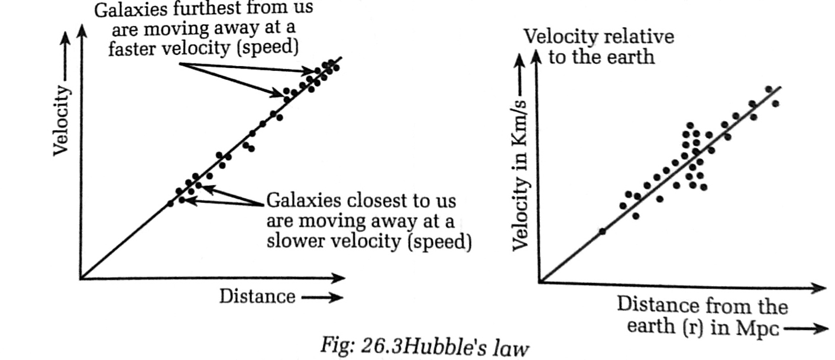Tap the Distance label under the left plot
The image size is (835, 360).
point(257,296)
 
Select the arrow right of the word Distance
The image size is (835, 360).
point(322,297)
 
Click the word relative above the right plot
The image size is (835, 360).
point(638,37)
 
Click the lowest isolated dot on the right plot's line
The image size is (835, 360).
point(603,231)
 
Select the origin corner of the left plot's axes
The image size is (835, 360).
point(80,278)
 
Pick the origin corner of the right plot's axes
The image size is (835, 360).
point(539,282)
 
